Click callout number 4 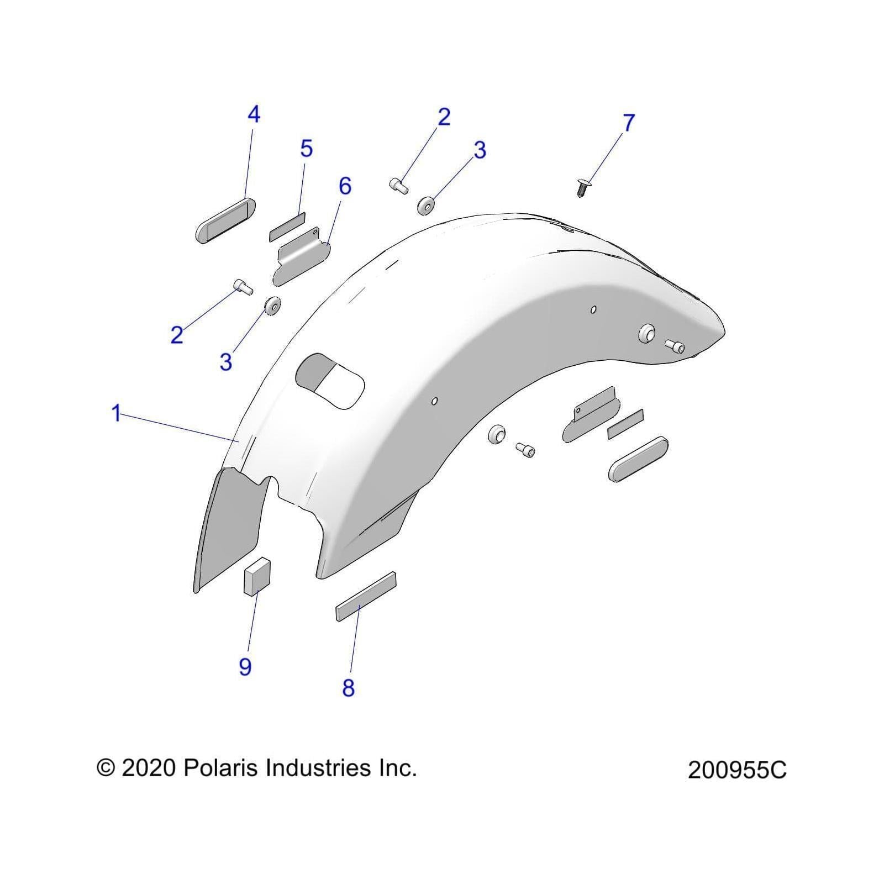pos(254,115)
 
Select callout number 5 pos(306,149)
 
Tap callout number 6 pos(345,186)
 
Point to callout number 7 pos(629,123)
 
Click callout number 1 pos(116,413)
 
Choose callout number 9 pos(245,667)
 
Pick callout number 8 pos(348,688)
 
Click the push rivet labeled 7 pos(581,188)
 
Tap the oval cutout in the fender pos(330,381)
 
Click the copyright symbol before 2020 pos(106,769)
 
